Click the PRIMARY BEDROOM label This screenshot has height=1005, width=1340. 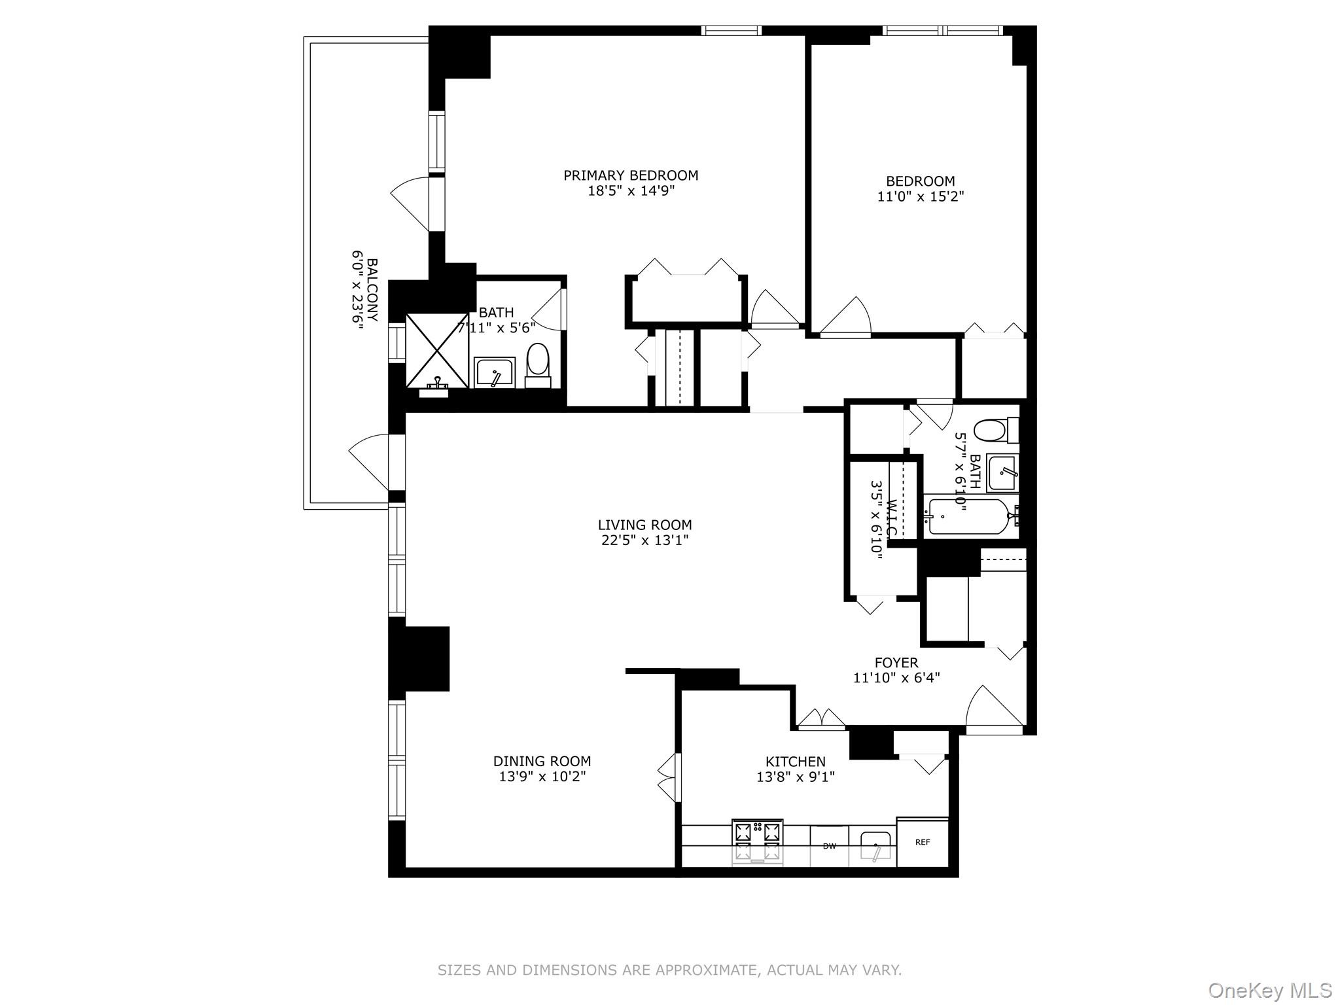click(x=631, y=175)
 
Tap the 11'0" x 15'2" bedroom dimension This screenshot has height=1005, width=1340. click(x=921, y=196)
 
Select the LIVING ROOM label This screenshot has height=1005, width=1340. click(x=644, y=525)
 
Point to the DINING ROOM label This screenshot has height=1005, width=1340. click(x=542, y=761)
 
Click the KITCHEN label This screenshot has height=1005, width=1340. click(x=796, y=762)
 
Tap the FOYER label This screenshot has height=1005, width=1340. click(x=896, y=663)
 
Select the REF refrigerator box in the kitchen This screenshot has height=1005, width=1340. click(x=922, y=843)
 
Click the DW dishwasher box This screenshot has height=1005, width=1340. click(x=829, y=846)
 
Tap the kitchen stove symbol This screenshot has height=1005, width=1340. click(x=758, y=842)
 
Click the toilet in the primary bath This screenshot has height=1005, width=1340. click(x=538, y=361)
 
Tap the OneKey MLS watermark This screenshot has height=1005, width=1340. click(x=1269, y=991)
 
